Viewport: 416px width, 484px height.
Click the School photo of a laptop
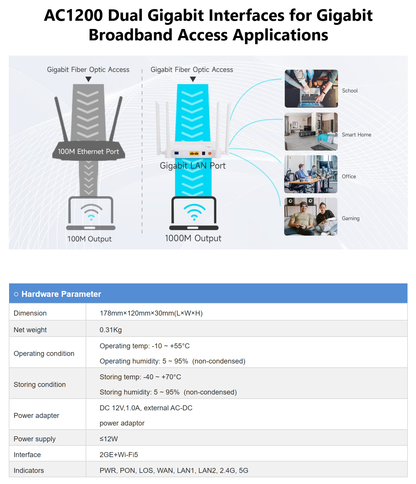(x=311, y=89)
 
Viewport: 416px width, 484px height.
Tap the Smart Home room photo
(x=311, y=132)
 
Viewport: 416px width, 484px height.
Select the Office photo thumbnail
(x=311, y=174)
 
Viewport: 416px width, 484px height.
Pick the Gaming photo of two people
(x=311, y=217)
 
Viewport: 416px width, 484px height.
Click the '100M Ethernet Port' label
(x=88, y=151)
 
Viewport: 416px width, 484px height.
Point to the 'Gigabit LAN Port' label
(x=193, y=166)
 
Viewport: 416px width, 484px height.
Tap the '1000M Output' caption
(x=193, y=238)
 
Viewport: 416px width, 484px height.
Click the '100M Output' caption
(x=89, y=239)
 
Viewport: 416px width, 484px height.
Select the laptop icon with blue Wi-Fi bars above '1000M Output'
(x=194, y=213)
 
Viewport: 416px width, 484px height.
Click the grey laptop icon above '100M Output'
(x=91, y=213)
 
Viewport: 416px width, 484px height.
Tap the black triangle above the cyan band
(x=193, y=79)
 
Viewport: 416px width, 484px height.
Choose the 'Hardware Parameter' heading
(x=61, y=294)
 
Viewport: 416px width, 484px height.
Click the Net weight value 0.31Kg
(x=111, y=330)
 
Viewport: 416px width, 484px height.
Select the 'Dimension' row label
(x=30, y=313)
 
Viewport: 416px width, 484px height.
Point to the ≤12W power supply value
(x=109, y=439)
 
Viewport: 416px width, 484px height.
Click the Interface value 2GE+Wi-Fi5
(x=119, y=455)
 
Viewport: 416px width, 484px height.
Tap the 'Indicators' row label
(x=29, y=471)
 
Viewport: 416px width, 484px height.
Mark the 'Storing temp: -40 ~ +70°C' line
(x=140, y=377)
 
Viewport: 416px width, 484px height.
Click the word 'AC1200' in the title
(x=73, y=15)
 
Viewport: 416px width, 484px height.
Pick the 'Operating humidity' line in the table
(x=172, y=361)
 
